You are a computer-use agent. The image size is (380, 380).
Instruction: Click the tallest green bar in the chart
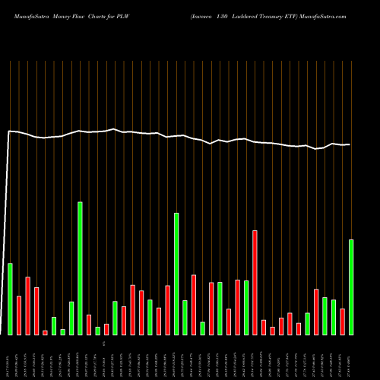coord(80,268)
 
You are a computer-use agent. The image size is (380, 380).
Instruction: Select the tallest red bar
coord(255,282)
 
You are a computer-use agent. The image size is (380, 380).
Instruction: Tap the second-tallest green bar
coord(176,274)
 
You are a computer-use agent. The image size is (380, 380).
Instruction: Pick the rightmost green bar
coord(351,287)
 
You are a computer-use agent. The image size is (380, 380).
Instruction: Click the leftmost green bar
coord(10,298)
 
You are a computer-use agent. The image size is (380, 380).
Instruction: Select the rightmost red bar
coord(342,321)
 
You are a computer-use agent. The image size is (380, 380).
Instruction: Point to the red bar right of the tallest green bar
coord(89,324)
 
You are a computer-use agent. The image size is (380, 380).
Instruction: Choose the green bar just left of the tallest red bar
coord(246,307)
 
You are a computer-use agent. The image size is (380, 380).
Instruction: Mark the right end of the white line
coord(350,144)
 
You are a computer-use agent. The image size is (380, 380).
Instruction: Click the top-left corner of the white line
coord(9,131)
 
